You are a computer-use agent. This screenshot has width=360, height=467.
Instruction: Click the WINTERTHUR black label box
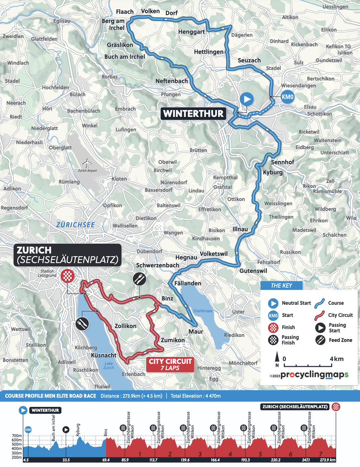[193, 114]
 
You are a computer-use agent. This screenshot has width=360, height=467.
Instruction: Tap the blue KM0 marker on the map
[287, 97]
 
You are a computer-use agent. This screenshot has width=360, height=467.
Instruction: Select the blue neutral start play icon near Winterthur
[246, 99]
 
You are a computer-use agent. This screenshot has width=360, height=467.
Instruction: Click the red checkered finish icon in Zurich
[67, 276]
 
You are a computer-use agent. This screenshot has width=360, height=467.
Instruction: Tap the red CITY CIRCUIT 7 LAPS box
[170, 365]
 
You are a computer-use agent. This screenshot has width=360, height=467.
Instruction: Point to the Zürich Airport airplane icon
[87, 163]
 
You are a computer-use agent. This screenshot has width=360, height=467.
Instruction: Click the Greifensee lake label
[203, 311]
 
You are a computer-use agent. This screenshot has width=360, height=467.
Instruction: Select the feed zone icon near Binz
[139, 279]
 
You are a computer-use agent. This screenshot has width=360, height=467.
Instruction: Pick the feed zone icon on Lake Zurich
[82, 324]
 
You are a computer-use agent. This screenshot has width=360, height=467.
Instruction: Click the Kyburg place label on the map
[273, 172]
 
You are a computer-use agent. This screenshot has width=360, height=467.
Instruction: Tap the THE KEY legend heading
[281, 285]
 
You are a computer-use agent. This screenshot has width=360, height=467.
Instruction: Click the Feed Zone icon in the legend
[320, 340]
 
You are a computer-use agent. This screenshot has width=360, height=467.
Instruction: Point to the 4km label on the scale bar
[337, 359]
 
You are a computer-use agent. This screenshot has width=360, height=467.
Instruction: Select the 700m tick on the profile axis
[17, 436]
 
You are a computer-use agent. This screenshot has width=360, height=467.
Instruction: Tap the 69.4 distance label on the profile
[106, 460]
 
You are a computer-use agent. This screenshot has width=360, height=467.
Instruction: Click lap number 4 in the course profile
[230, 454]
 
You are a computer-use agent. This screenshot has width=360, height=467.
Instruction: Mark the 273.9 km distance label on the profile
[327, 460]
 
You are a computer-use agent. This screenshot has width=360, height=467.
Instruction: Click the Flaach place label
[125, 12]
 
